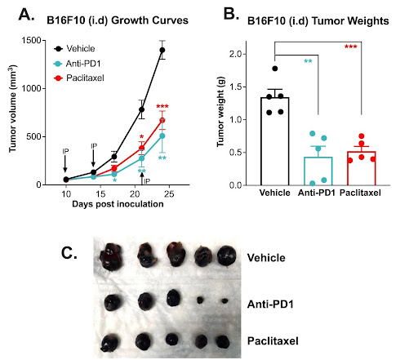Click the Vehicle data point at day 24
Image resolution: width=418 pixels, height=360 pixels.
[162, 51]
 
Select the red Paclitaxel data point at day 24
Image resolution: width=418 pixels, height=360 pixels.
[162, 120]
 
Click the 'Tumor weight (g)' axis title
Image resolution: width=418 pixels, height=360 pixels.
[220, 118]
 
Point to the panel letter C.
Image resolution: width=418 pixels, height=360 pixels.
[71, 253]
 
